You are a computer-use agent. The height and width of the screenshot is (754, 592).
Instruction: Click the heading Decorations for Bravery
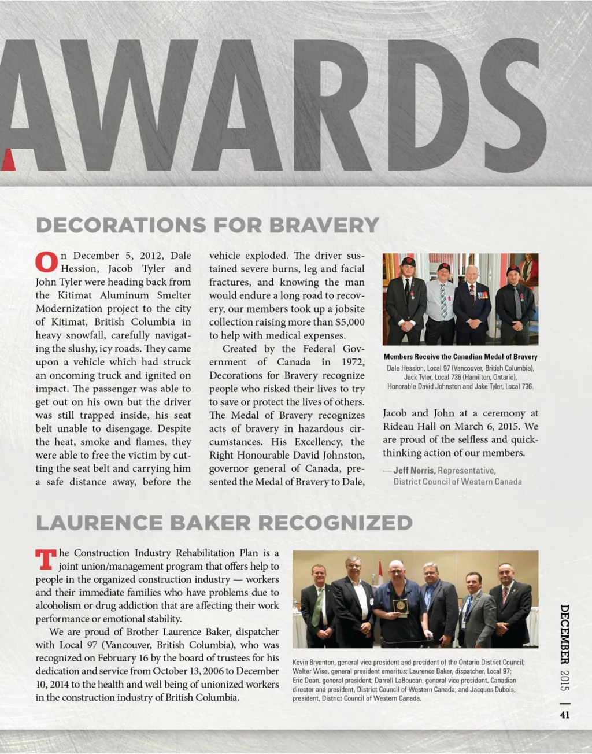tap(207, 225)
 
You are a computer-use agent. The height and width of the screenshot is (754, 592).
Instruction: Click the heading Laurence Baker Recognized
tap(224, 523)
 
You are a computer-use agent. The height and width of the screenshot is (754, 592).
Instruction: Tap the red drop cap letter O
tap(46, 262)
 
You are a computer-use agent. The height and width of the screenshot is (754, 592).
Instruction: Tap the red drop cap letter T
tap(46, 559)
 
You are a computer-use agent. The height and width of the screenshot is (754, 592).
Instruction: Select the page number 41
tap(565, 714)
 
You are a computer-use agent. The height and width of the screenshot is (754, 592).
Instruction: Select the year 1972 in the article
tap(352, 362)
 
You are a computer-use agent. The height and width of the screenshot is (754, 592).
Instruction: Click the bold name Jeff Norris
tap(415, 471)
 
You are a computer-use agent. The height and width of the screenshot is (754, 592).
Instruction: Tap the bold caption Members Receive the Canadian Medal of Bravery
tap(460, 357)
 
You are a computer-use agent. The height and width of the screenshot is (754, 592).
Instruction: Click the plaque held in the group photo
tap(400, 605)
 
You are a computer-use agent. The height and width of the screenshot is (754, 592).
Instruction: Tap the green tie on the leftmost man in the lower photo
tap(317, 607)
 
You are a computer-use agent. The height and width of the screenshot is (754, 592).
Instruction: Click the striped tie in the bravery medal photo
tap(443, 301)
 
